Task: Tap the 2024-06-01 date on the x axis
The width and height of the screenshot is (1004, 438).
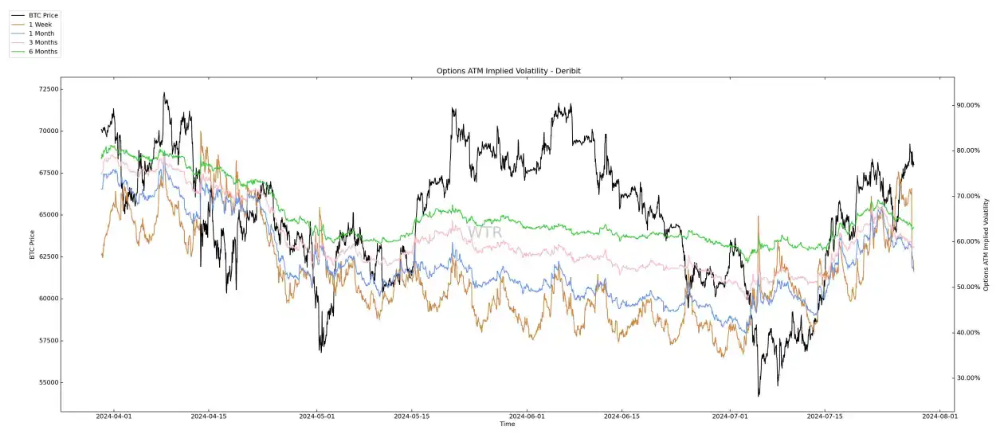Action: coord(526,416)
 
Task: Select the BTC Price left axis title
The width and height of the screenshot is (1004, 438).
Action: coord(33,245)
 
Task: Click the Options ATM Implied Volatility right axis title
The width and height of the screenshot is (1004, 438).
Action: coord(986,244)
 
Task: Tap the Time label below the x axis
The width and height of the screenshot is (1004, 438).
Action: coord(507,424)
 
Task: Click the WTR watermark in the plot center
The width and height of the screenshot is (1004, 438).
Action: coord(485,233)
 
